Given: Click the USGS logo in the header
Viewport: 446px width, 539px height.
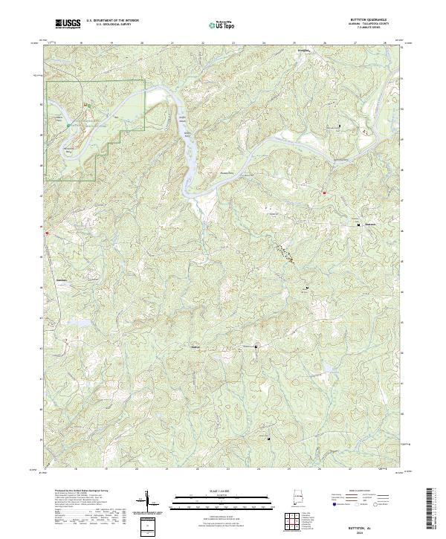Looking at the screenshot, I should (x=68, y=24).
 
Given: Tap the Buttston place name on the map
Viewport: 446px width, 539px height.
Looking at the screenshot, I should (x=370, y=225).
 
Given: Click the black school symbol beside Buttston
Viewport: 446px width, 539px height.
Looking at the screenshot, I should (x=358, y=224).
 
